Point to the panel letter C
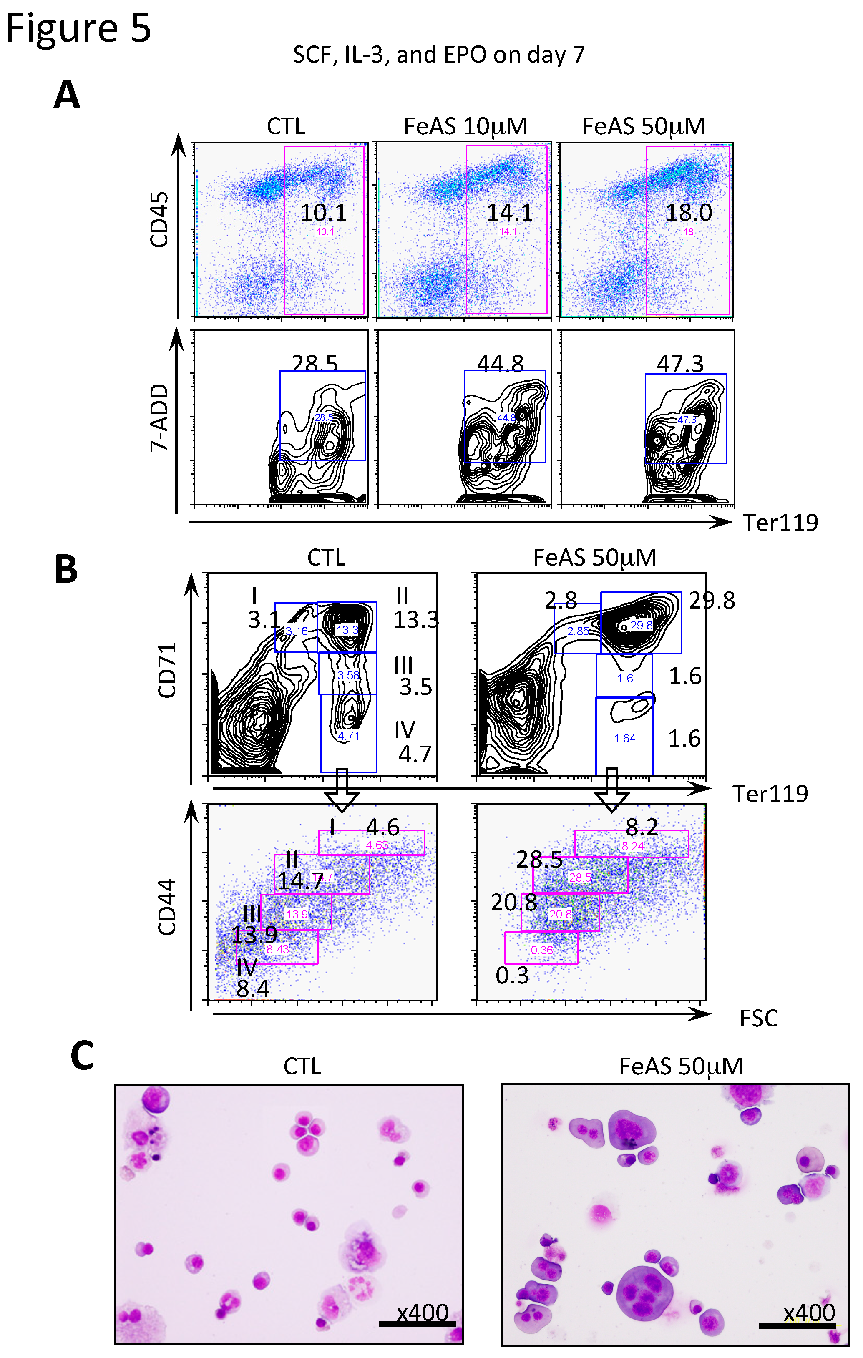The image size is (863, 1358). (x=82, y=1055)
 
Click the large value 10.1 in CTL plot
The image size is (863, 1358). (x=323, y=213)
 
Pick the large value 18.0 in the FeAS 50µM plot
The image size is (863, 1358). (x=689, y=213)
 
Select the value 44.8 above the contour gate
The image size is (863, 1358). (x=500, y=364)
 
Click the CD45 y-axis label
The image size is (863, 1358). (x=159, y=219)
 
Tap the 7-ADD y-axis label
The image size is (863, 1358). (x=159, y=417)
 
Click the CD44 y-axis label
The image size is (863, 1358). (x=167, y=908)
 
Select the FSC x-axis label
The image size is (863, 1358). (x=759, y=1019)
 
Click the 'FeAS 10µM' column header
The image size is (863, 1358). (x=465, y=126)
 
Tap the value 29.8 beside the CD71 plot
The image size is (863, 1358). (x=712, y=601)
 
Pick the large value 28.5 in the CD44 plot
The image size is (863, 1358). (x=539, y=860)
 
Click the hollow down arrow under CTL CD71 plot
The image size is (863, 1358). (x=342, y=790)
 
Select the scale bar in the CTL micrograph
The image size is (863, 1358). (x=416, y=1324)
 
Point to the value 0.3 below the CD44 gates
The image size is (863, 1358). (x=512, y=976)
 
